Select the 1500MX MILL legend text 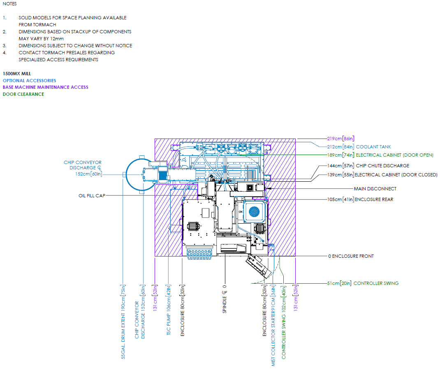click(x=17, y=74)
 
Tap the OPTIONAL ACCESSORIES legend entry click(x=30, y=81)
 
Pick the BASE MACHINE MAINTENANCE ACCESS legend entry click(x=46, y=87)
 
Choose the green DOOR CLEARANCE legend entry click(x=23, y=94)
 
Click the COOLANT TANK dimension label click(x=356, y=147)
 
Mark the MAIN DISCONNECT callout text click(x=375, y=189)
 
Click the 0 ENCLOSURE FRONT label click(x=351, y=256)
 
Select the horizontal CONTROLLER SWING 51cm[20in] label click(x=362, y=283)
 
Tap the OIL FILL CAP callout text click(x=92, y=196)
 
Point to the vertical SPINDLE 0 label click(x=225, y=299)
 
